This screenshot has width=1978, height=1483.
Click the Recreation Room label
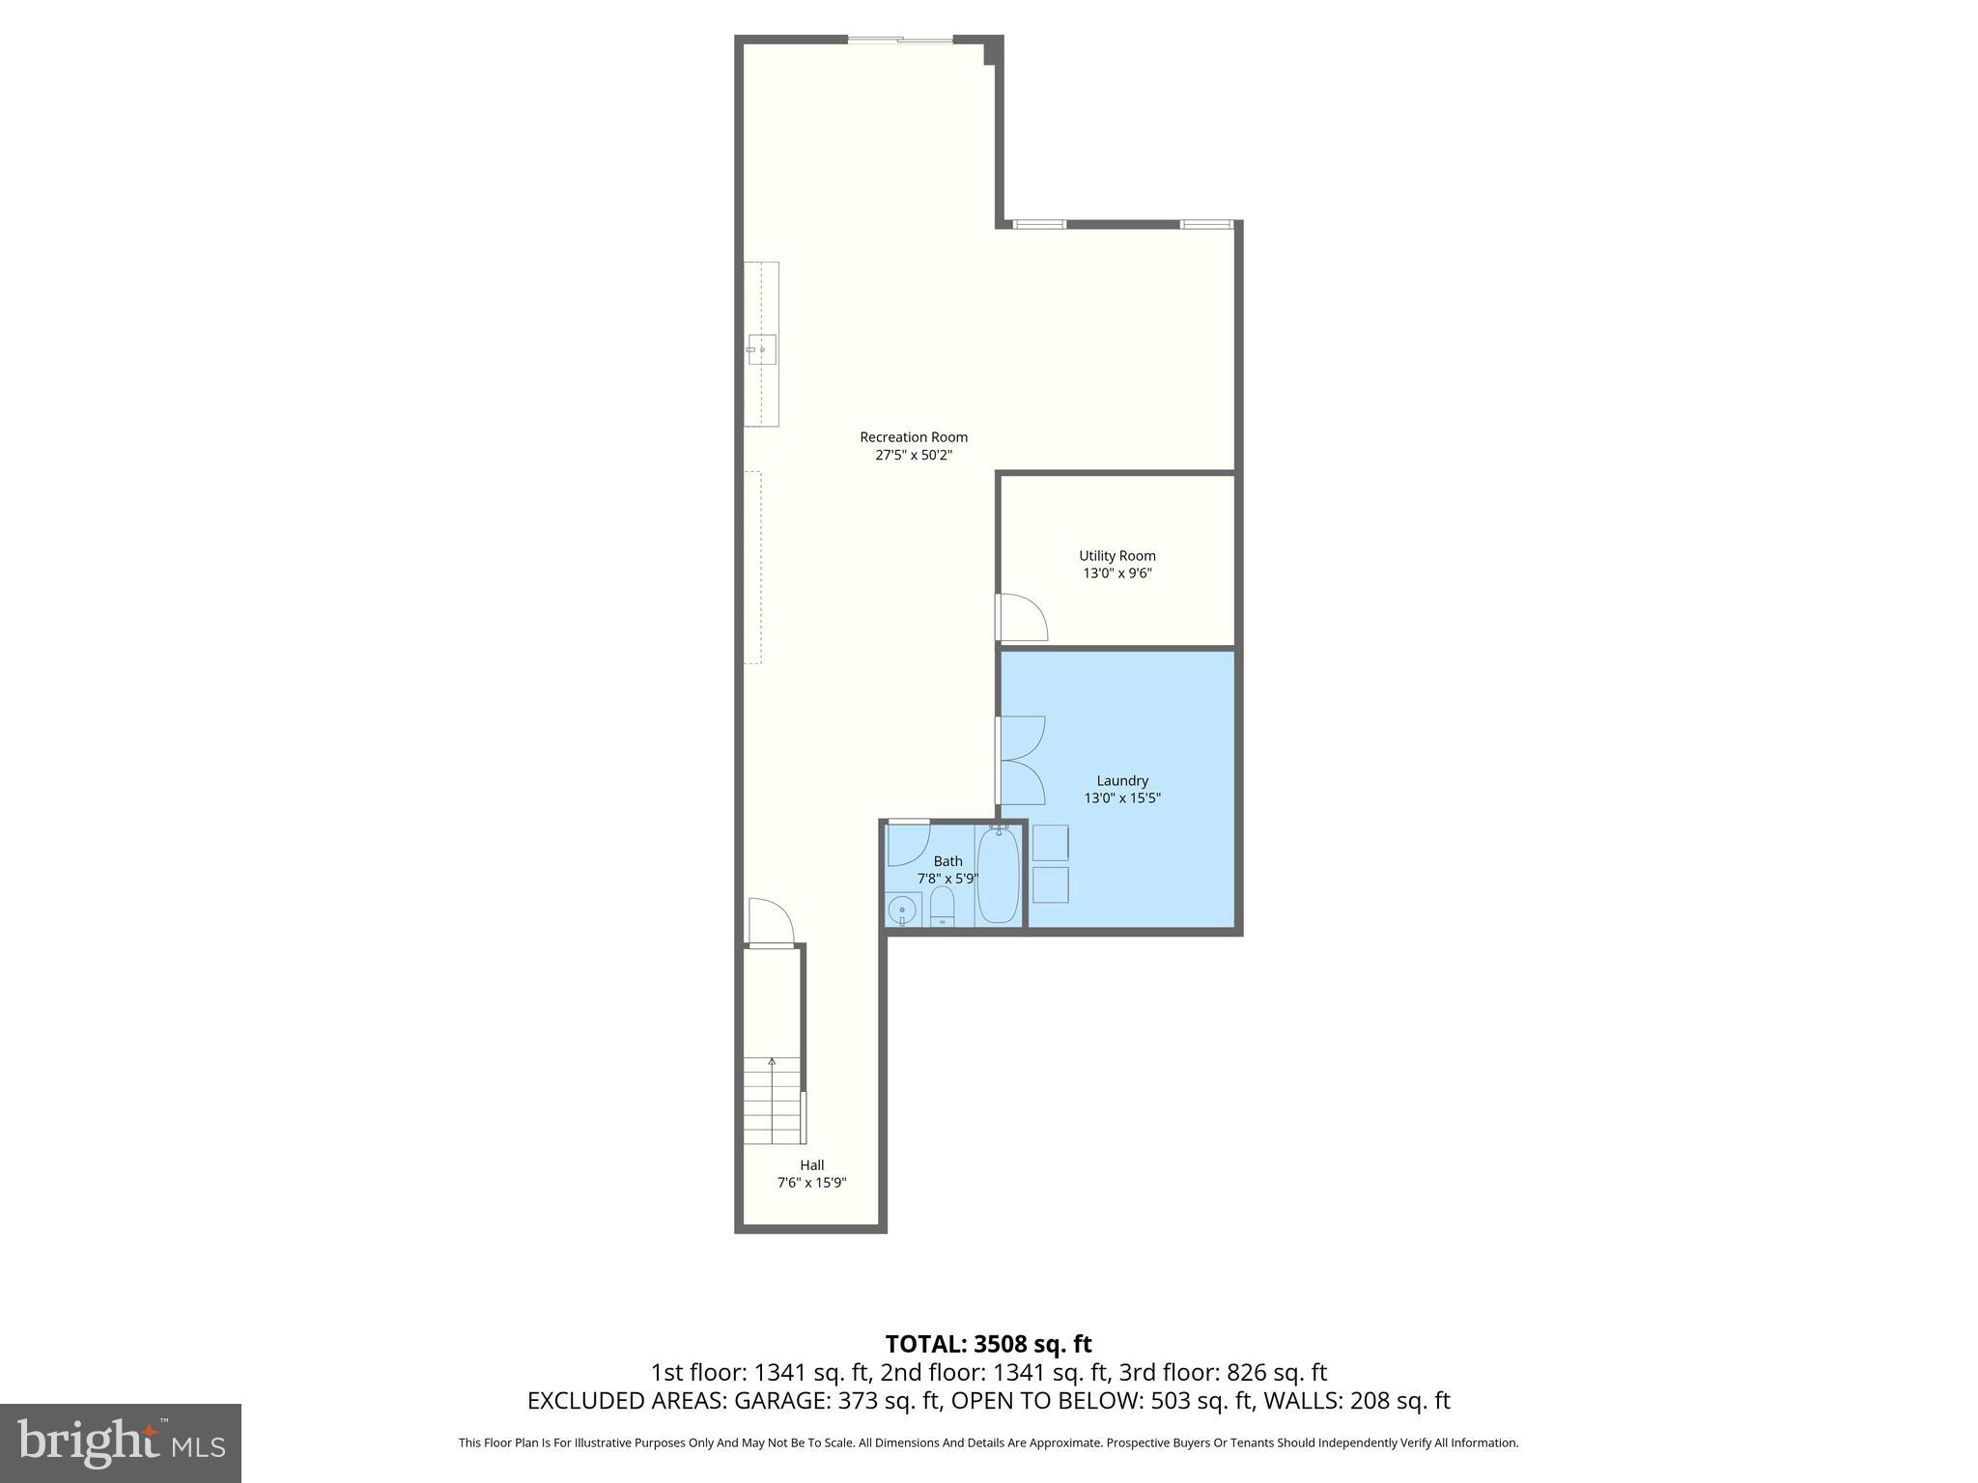[913, 437]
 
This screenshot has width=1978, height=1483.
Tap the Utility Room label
[1116, 556]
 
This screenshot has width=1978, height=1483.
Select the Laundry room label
[1122, 781]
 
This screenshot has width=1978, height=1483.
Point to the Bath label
[947, 861]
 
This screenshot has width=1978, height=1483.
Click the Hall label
[811, 1165]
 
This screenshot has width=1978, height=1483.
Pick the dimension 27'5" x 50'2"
[914, 455]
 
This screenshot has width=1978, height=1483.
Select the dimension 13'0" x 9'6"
[1117, 574]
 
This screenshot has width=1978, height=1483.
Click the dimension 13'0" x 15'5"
[1122, 798]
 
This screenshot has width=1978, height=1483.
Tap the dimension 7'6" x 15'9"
[811, 1183]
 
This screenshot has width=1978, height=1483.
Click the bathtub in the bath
[999, 876]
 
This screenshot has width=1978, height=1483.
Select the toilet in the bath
[942, 907]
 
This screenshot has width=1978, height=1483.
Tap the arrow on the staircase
[771, 1063]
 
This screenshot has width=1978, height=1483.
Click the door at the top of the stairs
[771, 923]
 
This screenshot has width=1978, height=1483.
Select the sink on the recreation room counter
[761, 349]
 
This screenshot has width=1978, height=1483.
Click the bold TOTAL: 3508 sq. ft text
[988, 1344]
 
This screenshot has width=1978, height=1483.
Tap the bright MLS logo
[121, 1442]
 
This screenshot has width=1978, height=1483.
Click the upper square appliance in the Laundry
[1051, 842]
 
